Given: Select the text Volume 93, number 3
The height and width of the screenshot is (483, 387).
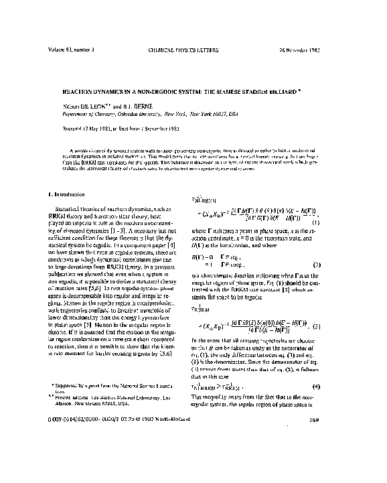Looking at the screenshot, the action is pos(70,50).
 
